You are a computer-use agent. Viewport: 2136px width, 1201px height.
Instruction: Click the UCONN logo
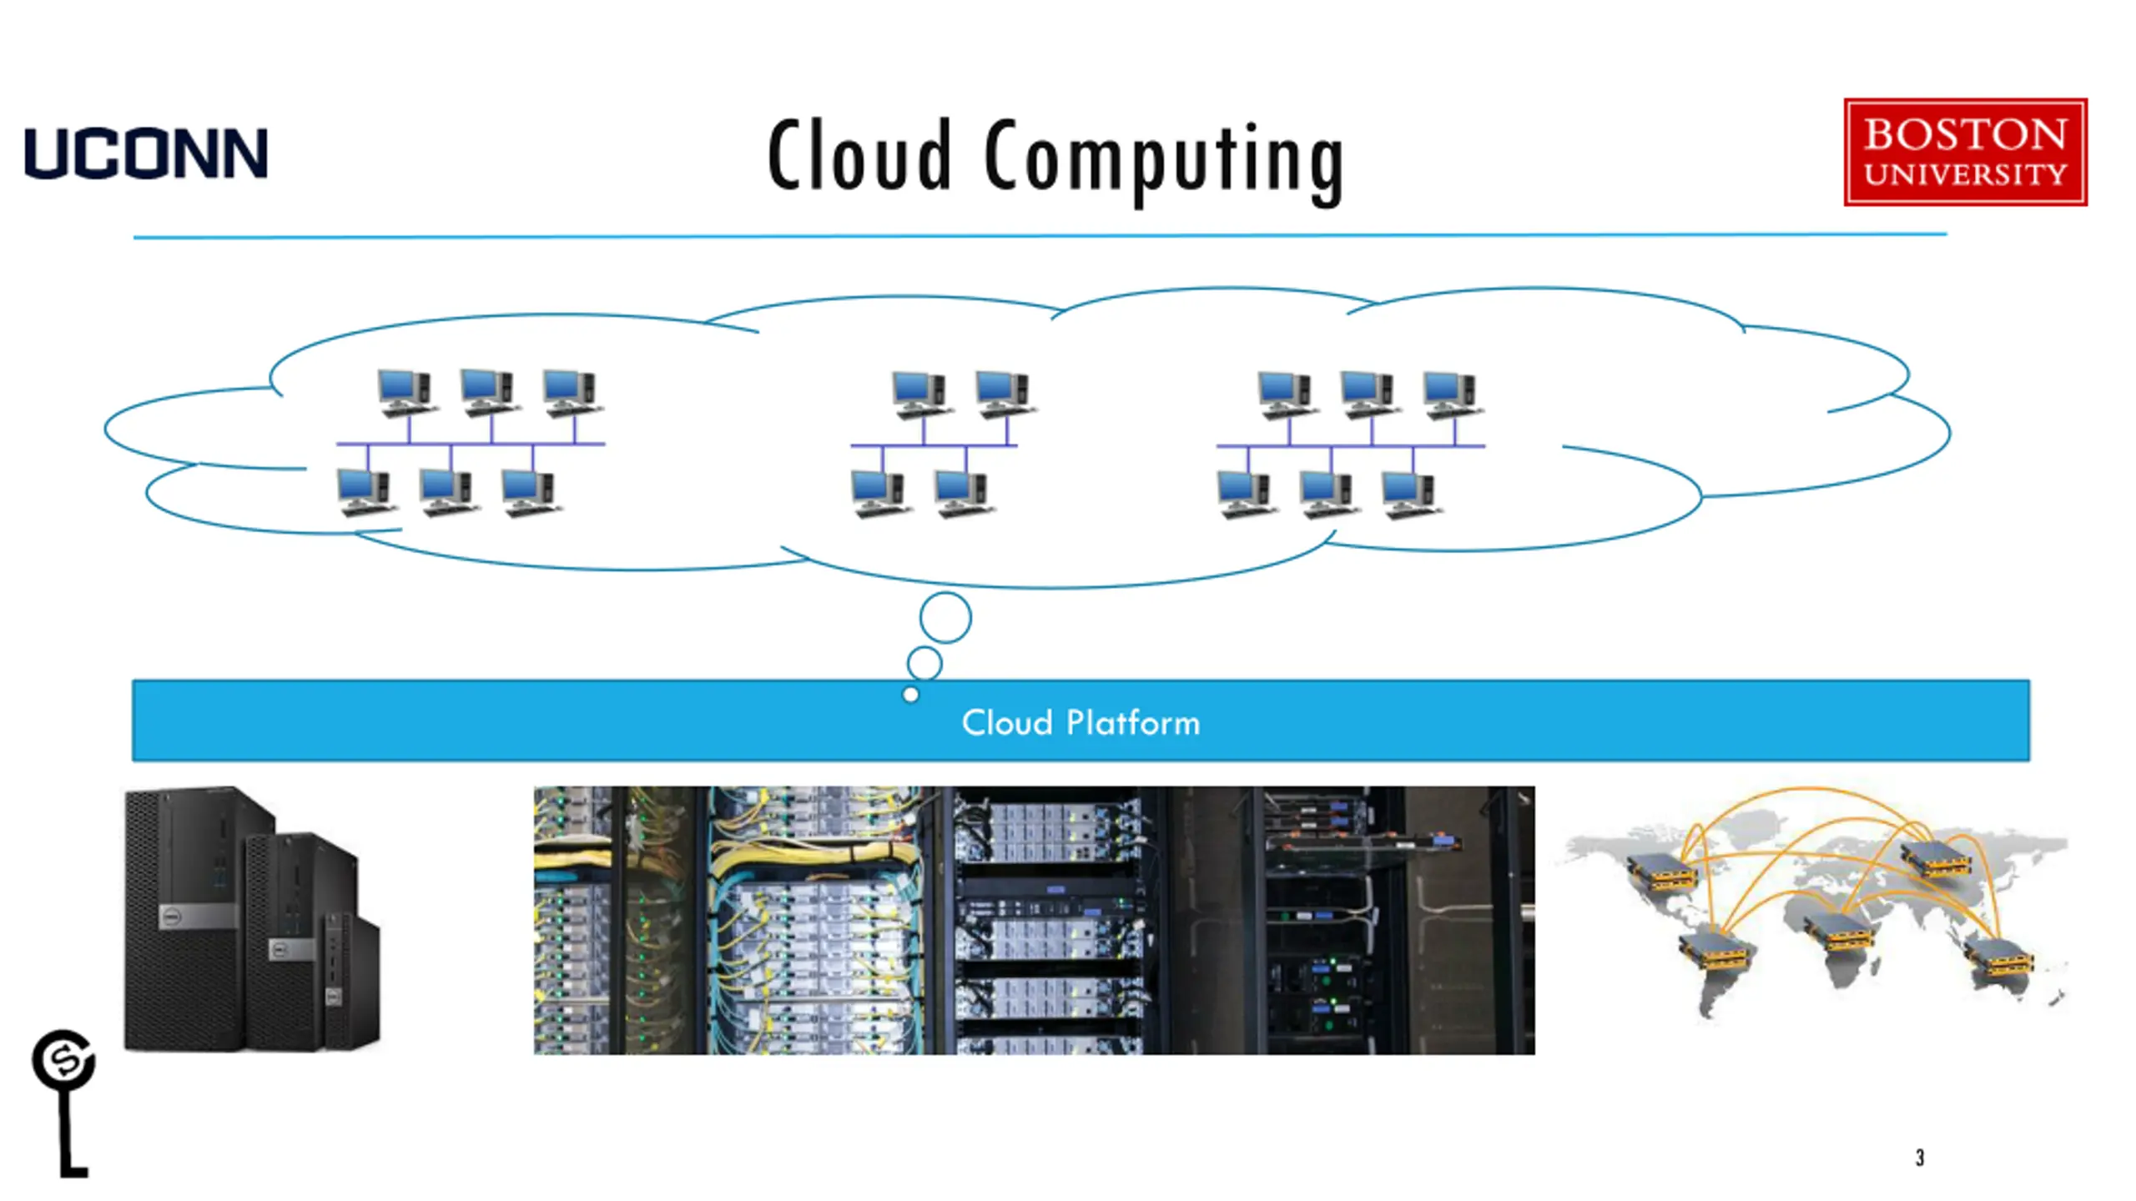tap(146, 153)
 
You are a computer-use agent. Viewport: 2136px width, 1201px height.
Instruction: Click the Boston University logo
tap(1966, 152)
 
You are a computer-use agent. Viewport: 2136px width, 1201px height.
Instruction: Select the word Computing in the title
tap(1165, 162)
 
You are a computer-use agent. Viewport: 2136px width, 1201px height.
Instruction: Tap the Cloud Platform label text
tap(1081, 722)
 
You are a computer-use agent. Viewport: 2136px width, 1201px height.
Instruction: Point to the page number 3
tap(1920, 1157)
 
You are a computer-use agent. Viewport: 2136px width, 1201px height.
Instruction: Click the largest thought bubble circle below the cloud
tap(945, 593)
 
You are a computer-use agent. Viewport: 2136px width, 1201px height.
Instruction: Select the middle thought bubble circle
tap(924, 647)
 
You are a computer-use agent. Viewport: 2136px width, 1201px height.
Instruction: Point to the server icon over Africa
tap(1841, 932)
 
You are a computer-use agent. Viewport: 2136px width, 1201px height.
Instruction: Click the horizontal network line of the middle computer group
tap(934, 445)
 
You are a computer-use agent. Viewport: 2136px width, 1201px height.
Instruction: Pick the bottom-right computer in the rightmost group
tap(1412, 495)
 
